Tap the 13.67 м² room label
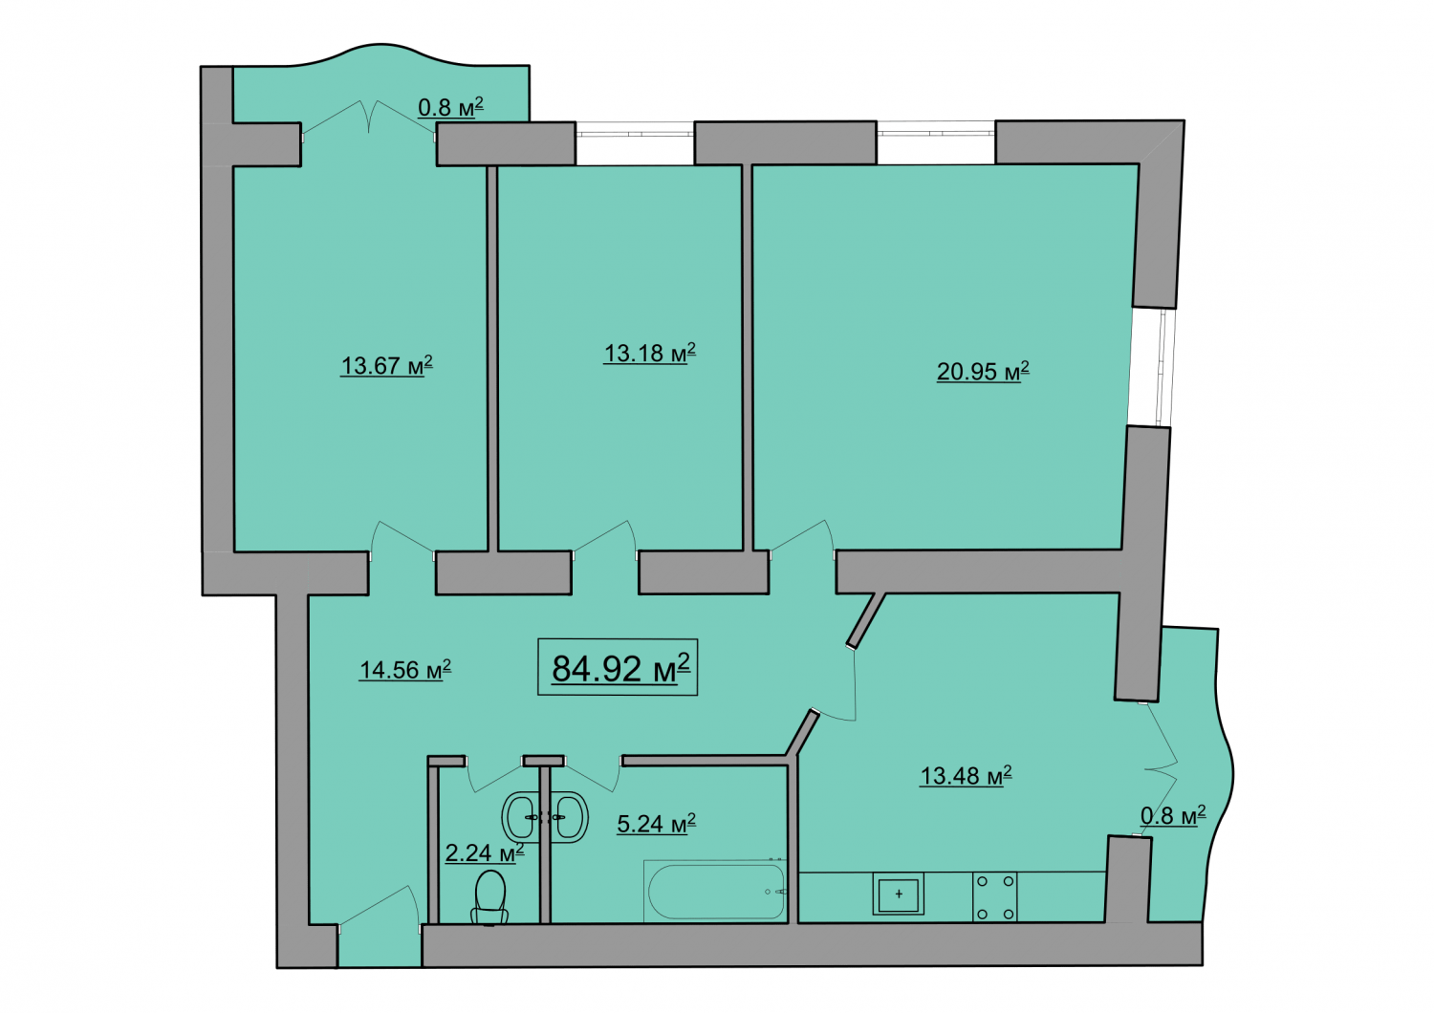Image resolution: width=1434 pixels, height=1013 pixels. [x=386, y=366]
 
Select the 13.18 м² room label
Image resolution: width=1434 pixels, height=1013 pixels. [x=649, y=353]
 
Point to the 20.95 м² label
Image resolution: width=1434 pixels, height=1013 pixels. [x=983, y=371]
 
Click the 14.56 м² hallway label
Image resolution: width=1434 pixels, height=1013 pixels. [x=404, y=670]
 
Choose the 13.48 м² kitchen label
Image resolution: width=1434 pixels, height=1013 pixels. [x=966, y=776]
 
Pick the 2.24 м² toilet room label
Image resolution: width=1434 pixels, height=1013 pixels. [x=485, y=852]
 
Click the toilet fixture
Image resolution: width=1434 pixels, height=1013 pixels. [x=489, y=897]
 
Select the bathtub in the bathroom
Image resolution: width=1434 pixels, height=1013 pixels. [x=716, y=892]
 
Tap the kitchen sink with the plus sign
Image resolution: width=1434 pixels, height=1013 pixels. [x=899, y=894]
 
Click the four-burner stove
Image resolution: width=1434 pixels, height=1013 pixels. [x=995, y=897]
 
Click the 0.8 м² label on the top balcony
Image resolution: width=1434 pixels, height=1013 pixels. [x=450, y=107]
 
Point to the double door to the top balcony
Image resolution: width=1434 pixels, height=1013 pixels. [x=369, y=118]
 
